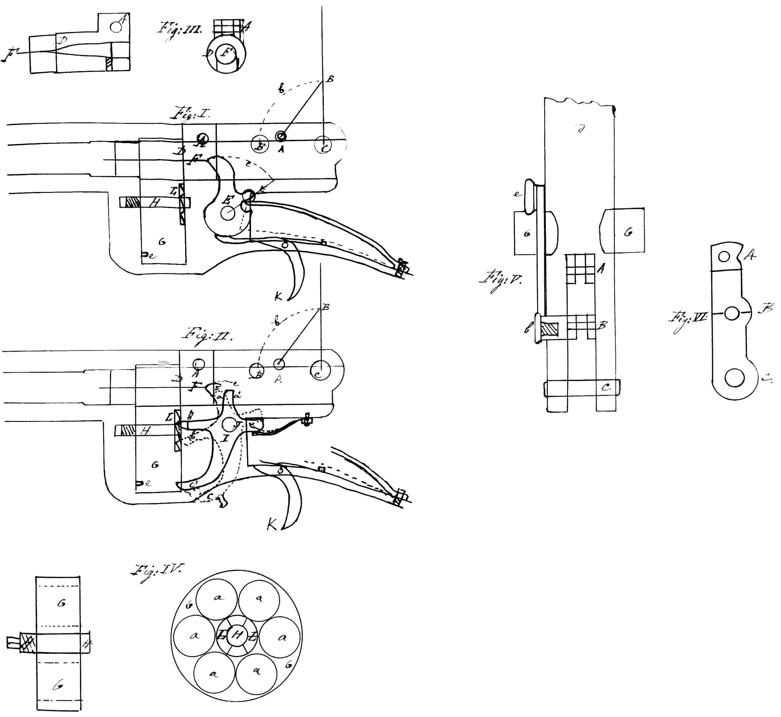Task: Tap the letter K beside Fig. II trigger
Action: pyautogui.click(x=273, y=525)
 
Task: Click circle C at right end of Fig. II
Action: pyautogui.click(x=320, y=370)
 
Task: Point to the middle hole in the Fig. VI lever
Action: pyautogui.click(x=731, y=313)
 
